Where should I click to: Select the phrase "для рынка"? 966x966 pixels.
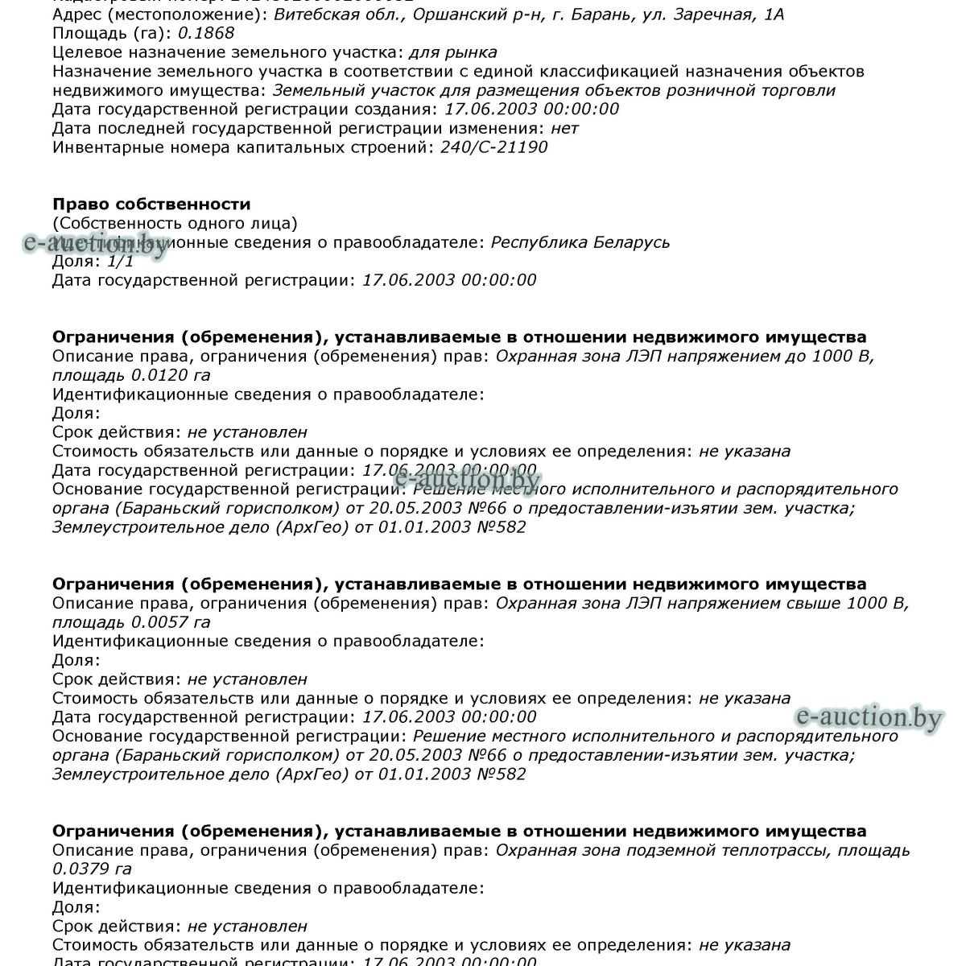[452, 52]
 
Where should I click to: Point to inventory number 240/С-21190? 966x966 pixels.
[493, 147]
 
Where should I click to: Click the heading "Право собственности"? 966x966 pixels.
[151, 204]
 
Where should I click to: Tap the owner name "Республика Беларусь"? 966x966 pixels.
[580, 242]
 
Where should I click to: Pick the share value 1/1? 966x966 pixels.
[120, 261]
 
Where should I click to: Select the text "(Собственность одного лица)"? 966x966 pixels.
[175, 223]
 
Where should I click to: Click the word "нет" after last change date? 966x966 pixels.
[564, 128]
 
